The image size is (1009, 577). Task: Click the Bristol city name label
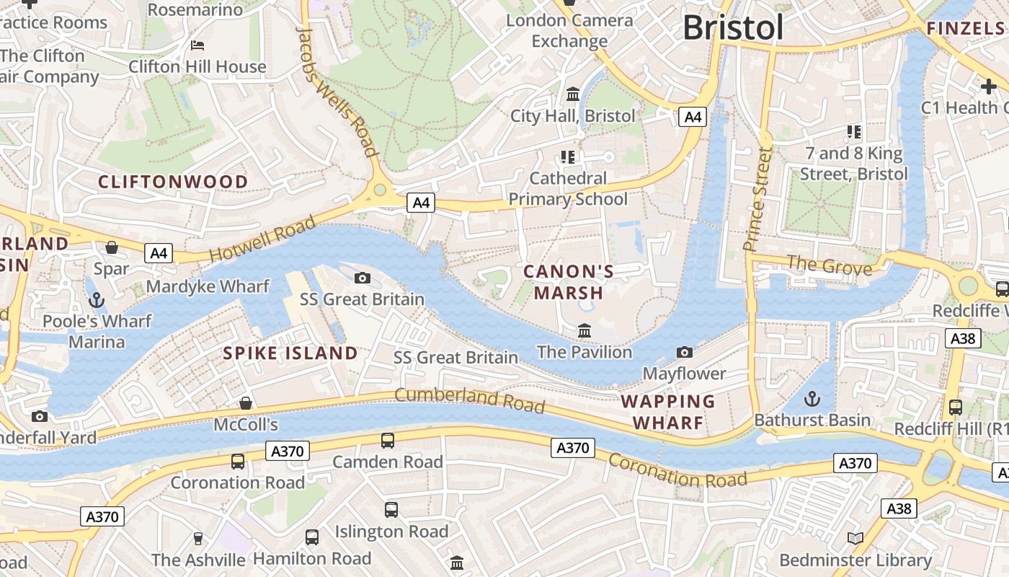pos(733,28)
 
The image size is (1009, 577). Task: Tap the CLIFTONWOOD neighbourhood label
pos(173,182)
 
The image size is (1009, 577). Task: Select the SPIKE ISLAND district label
pos(290,353)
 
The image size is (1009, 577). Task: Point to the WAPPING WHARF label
pos(668,412)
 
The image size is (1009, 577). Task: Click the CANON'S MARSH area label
pos(568,282)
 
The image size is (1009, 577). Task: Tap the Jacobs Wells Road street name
pos(337,91)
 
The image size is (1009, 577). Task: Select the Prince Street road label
pos(758,198)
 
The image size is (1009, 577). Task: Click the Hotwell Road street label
pos(262,239)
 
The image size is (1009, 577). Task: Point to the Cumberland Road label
pos(469,400)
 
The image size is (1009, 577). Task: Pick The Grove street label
pos(829,265)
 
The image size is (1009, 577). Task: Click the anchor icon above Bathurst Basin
pos(812,399)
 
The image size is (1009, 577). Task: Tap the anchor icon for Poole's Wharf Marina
pos(95,300)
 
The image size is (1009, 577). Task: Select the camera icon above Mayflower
pos(684,353)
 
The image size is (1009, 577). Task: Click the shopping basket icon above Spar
pos(112,248)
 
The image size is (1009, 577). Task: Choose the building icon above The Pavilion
pos(584,331)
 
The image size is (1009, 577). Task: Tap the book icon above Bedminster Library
pos(855,539)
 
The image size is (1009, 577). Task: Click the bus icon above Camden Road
pos(387,440)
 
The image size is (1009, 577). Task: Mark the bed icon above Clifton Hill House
pos(197,45)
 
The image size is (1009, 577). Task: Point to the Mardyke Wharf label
pos(208,286)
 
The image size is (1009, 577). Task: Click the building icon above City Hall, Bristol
pos(573,94)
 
